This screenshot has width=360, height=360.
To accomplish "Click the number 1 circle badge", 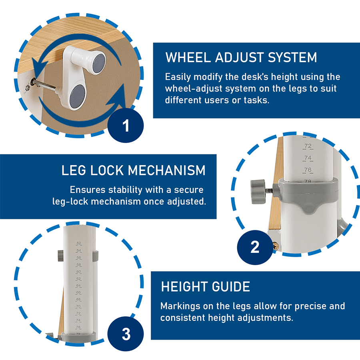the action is point(126,125).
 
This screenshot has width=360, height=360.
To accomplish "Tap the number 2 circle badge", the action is point(255,247).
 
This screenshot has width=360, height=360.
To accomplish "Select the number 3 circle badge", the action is point(126,334).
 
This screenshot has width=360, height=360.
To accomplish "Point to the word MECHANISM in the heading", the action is point(166,170).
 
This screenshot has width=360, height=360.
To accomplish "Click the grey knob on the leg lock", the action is point(258,192).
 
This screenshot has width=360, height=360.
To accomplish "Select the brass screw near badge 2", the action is point(276,246).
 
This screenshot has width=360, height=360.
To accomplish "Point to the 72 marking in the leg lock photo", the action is point(308,146).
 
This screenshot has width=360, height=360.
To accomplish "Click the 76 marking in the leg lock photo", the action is point(308,170).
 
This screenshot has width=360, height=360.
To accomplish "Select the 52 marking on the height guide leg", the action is point(79,243).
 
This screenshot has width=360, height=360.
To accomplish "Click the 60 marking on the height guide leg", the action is point(78,272).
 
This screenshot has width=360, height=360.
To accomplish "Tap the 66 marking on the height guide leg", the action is point(78,292).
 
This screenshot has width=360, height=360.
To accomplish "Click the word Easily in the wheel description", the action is point(178,77).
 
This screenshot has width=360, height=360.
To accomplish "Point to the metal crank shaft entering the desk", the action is point(45,84).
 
